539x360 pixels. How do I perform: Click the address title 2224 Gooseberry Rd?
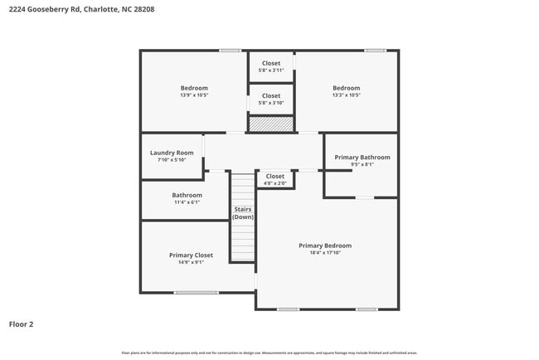coord(81,9)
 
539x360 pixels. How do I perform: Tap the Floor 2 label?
coord(22,324)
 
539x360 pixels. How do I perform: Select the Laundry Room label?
coord(172,153)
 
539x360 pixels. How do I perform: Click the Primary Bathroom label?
coord(362,157)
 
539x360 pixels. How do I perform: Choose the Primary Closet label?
coord(191,255)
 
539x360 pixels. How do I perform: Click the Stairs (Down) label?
coord(242,212)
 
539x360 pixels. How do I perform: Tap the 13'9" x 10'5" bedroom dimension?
coord(194,95)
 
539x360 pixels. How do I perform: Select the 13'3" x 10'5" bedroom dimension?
coord(347,95)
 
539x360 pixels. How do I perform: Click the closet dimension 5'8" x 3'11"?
coord(271,71)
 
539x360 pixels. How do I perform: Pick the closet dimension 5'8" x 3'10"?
coord(271,103)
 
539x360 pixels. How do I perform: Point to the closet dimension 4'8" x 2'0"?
coord(274,182)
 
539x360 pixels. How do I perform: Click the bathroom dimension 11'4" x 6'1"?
coord(187,202)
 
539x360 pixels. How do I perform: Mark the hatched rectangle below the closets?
coord(271,124)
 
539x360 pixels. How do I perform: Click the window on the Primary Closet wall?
coord(197,292)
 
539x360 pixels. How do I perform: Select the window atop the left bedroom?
coord(231,51)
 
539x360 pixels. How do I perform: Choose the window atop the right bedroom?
coord(375,51)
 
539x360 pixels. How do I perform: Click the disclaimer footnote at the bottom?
coord(269,353)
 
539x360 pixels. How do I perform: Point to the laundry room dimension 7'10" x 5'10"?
coord(172,160)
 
